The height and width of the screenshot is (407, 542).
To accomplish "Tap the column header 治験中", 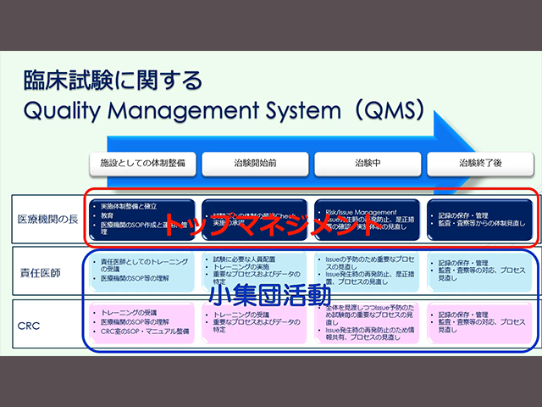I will (368, 161).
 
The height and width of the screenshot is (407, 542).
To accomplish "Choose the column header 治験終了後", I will (481, 161).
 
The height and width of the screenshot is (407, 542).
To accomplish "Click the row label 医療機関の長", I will (47, 218).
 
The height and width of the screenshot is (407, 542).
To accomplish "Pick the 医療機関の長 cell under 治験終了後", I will (481, 218).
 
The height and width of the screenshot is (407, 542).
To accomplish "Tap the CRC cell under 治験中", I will (368, 323).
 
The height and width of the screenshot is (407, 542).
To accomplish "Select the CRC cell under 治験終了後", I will (481, 323).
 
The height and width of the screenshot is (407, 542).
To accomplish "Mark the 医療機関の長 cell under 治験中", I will (368, 218).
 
